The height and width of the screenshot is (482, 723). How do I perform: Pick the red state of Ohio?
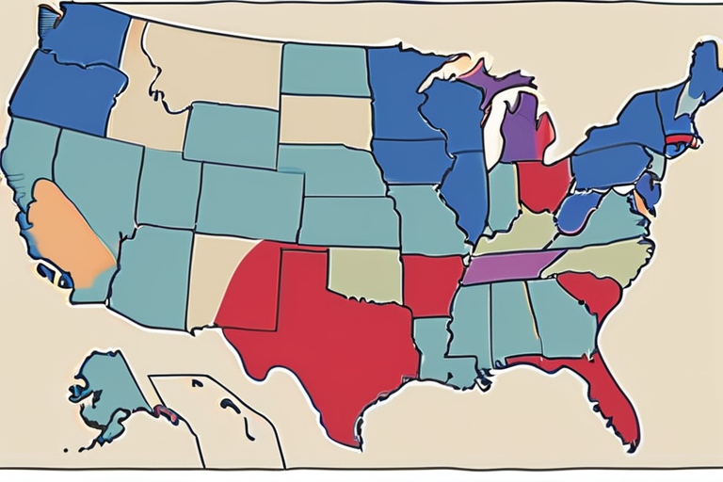tap(544, 184)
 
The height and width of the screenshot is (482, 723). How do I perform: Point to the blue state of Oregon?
tap(66, 94)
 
